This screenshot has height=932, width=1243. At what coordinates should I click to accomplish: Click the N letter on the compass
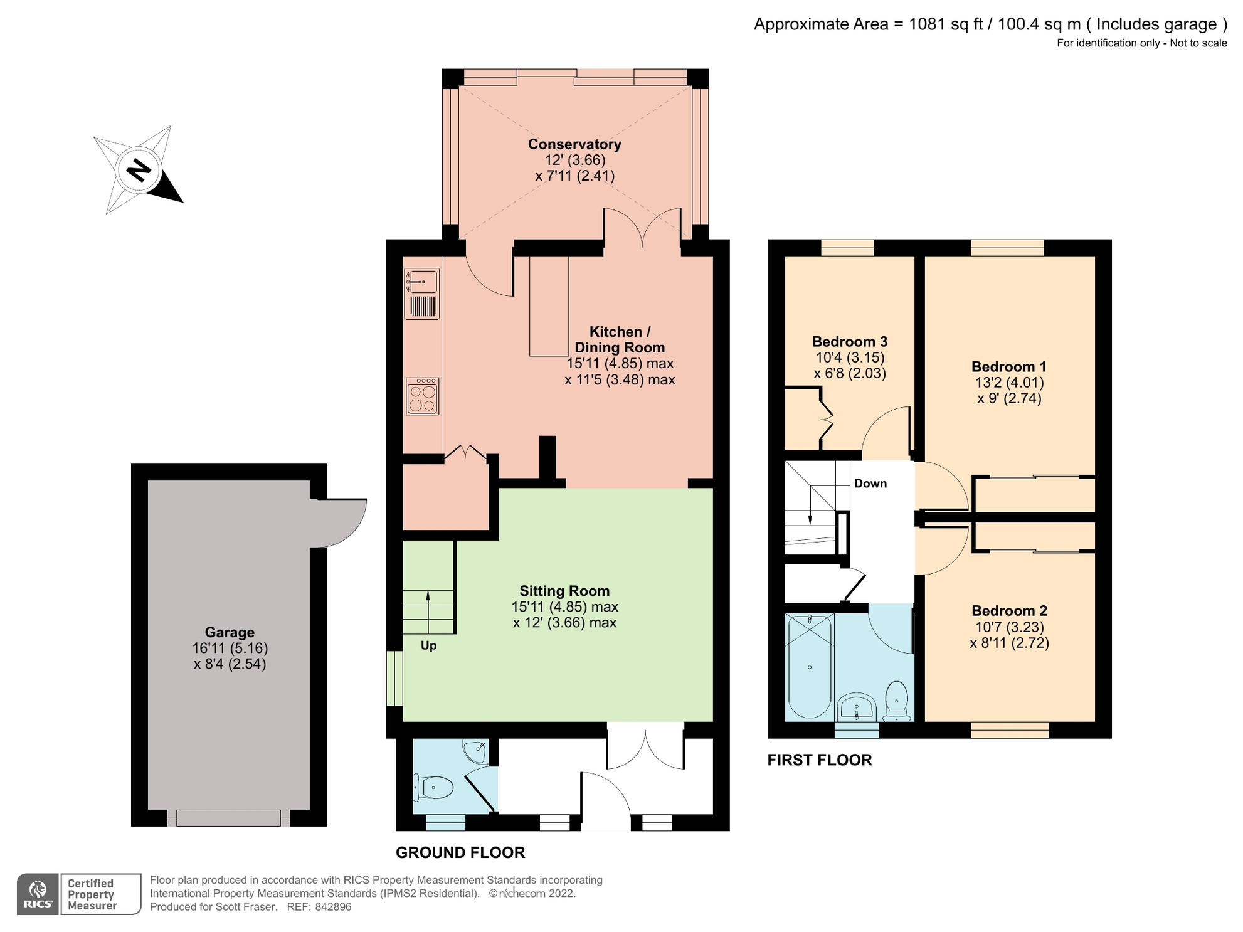(139, 170)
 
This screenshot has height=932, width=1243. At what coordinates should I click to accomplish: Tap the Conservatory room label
(574, 144)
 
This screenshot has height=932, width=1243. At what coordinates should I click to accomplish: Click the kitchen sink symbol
(422, 282)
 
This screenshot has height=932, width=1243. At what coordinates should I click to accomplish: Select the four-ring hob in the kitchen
(422, 396)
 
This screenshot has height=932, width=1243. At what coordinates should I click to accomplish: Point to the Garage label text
(230, 632)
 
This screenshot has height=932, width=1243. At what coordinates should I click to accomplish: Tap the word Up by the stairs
(428, 645)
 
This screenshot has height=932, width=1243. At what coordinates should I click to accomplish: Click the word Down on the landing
(870, 483)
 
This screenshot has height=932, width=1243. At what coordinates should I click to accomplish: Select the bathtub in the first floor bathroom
(810, 666)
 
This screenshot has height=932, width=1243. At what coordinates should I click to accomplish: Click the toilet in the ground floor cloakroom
(434, 788)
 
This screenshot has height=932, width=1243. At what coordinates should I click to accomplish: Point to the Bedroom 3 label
(849, 342)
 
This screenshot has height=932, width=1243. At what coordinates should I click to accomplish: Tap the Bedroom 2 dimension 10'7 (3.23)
(1009, 627)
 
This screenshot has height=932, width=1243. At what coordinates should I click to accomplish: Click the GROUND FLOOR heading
(460, 852)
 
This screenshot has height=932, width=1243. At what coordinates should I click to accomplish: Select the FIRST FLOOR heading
(820, 760)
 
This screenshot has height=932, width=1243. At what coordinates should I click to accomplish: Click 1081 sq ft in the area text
(945, 24)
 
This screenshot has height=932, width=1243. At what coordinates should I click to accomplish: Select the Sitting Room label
(564, 591)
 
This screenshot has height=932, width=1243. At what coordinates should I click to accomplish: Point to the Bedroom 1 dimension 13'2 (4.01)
(1009, 383)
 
